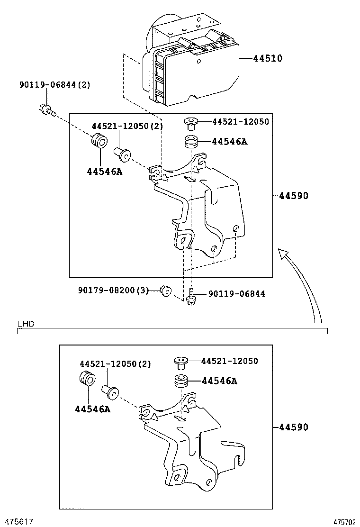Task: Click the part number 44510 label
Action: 268,58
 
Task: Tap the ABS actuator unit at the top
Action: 190,60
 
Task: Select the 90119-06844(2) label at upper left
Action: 55,85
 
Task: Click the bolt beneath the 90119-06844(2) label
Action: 47,110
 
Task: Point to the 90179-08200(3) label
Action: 114,290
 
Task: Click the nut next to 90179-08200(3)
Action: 166,291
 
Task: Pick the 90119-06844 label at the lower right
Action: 237,294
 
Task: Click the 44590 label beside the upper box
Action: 294,195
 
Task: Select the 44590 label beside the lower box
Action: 294,427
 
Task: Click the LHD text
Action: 26,324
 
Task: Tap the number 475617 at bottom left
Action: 17,521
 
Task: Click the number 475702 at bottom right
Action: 344,522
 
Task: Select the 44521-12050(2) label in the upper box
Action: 127,126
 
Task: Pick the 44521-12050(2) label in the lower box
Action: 115,363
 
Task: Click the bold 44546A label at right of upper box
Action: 230,142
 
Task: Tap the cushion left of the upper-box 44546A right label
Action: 190,141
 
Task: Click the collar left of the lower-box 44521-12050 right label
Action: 181,363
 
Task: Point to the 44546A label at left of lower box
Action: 93,409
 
